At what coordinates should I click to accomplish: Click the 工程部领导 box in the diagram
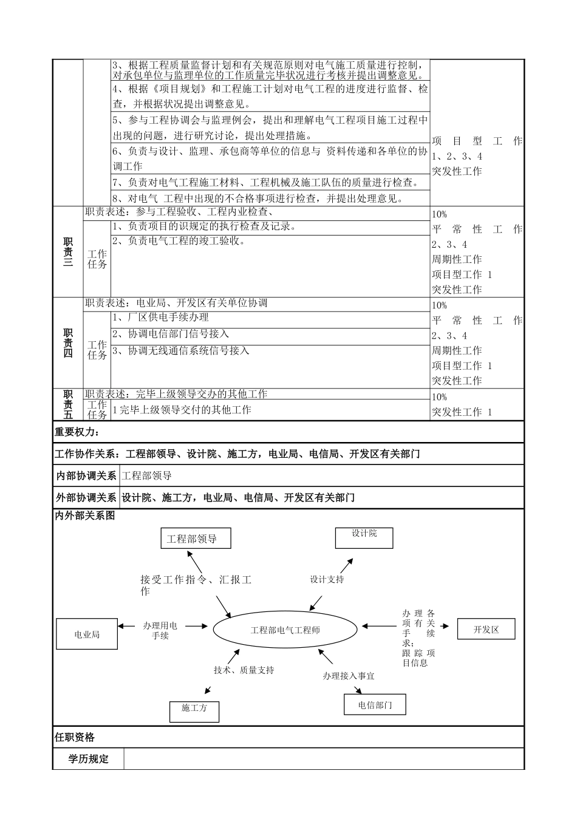point(195,538)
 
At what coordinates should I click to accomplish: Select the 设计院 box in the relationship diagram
point(364,537)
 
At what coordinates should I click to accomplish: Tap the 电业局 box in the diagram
point(87,634)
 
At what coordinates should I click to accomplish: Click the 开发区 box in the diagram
point(486,629)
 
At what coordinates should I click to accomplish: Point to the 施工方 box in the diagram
point(194,711)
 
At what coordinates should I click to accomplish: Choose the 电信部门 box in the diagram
point(375,704)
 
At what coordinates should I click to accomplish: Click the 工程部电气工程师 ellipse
point(285,630)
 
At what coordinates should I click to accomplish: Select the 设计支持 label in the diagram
point(327,579)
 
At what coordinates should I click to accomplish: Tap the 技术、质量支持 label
point(244,670)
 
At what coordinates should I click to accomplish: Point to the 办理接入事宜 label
point(349,675)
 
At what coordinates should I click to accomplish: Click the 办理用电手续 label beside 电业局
point(160,630)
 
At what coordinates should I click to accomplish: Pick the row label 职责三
point(68,252)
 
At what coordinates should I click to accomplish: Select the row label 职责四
point(68,343)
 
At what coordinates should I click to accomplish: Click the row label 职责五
point(68,404)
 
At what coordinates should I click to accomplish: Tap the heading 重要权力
point(77,432)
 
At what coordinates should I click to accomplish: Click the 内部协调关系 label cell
point(86,475)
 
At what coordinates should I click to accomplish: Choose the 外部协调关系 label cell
point(86,497)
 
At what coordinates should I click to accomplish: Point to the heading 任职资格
point(75,737)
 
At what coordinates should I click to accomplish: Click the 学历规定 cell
point(88,758)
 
